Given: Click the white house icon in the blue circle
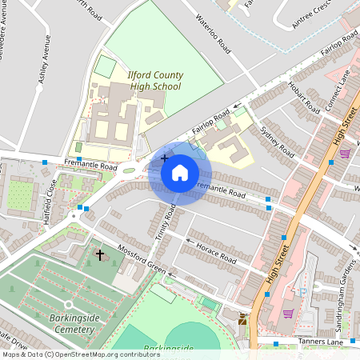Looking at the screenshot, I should (180, 172).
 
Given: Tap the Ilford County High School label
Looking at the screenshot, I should (155, 80).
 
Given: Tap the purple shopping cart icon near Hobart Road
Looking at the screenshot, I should (345, 153).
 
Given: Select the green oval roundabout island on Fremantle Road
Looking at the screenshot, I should (129, 170).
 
